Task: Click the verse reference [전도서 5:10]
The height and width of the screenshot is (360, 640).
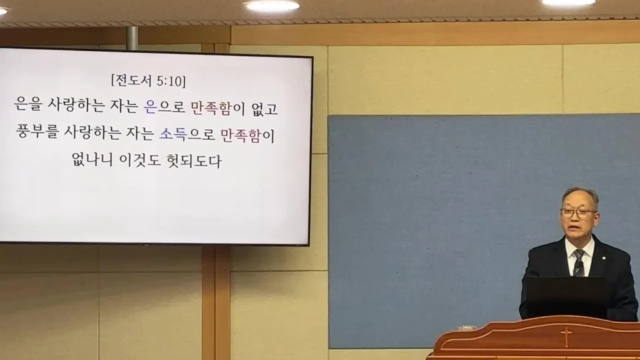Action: click(148, 81)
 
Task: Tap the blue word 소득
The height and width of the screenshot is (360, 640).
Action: click(172, 135)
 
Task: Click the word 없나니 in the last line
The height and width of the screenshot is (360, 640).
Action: click(92, 161)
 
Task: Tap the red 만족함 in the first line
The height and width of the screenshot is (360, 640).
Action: click(211, 109)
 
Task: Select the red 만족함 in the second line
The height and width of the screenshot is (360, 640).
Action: click(241, 135)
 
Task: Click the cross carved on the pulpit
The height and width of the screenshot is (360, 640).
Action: click(565, 336)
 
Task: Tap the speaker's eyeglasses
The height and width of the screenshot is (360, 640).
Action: click(578, 212)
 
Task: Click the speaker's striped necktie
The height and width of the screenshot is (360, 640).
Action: click(579, 263)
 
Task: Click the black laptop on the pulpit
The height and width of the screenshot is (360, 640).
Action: click(565, 297)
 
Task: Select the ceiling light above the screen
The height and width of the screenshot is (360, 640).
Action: click(271, 6)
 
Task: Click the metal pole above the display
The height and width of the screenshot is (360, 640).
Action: click(132, 37)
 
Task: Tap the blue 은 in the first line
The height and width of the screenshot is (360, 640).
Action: click(150, 109)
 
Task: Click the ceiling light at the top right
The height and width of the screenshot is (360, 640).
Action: click(568, 2)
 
